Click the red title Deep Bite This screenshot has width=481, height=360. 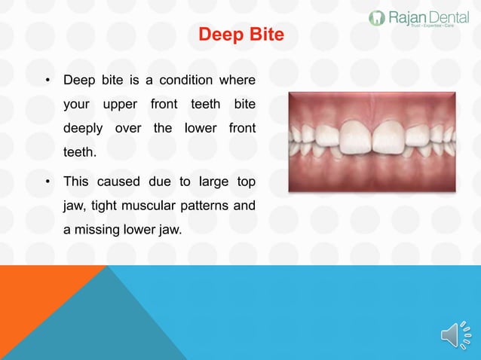click(240, 35)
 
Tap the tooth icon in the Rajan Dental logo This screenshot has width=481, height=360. click(377, 17)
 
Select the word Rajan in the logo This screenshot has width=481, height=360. click(406, 17)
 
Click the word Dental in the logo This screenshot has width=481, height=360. click(448, 17)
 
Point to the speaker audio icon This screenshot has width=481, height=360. click(455, 335)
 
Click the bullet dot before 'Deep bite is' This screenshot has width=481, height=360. click(47, 81)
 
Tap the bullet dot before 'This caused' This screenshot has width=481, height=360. click(47, 182)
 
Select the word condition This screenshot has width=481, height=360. click(185, 80)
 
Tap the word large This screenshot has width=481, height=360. click(213, 182)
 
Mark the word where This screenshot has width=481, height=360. click(237, 80)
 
